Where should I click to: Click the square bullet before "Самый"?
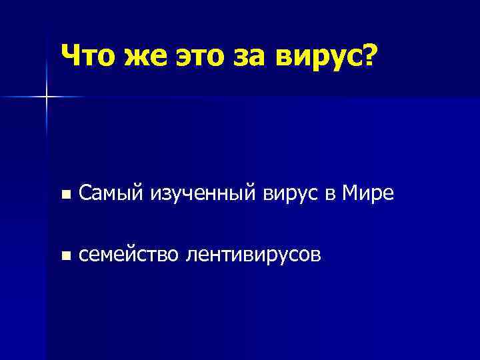(64, 195)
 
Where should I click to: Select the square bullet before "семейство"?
(64, 255)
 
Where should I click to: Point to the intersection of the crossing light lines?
(47, 97)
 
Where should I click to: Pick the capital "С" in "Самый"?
(85, 193)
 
